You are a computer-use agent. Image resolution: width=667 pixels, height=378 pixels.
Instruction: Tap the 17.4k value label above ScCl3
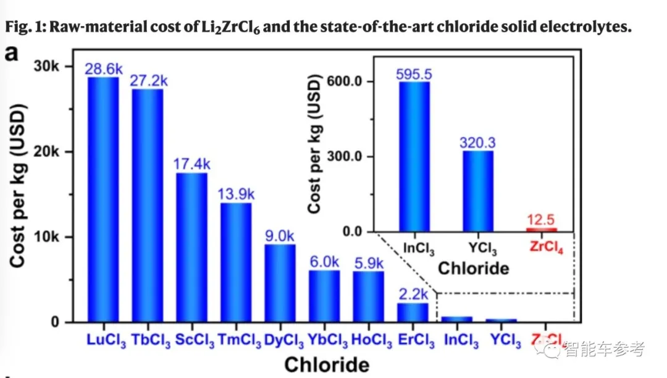pos(191,164)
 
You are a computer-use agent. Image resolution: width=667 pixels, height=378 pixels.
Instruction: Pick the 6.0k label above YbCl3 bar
pos(324,262)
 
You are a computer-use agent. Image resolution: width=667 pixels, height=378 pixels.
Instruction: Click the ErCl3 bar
pos(413,312)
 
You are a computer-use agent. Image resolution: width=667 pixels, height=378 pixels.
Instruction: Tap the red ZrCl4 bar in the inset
pos(542,230)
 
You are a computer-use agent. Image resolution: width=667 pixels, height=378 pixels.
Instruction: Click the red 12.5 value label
pos(542,220)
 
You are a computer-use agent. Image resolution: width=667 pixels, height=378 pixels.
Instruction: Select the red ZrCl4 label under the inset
pos(546,248)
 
